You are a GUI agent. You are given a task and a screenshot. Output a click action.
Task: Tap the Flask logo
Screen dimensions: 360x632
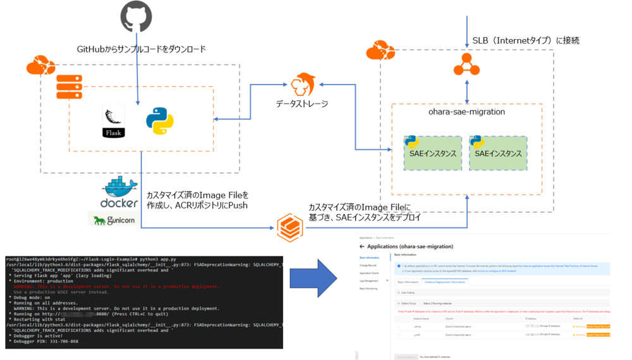[114, 122]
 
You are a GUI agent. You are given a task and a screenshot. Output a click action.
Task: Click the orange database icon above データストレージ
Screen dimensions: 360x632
[304, 84]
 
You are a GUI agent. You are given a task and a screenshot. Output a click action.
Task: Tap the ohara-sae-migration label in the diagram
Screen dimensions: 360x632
[466, 112]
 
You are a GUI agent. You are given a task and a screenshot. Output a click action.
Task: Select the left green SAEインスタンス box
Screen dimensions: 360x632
[433, 153]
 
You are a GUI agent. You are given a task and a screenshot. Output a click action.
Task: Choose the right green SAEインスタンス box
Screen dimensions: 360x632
[497, 153]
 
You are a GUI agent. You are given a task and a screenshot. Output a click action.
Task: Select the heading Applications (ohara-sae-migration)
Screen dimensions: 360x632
[410, 246]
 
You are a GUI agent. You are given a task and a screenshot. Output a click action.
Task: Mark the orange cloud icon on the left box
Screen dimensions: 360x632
[37, 65]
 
